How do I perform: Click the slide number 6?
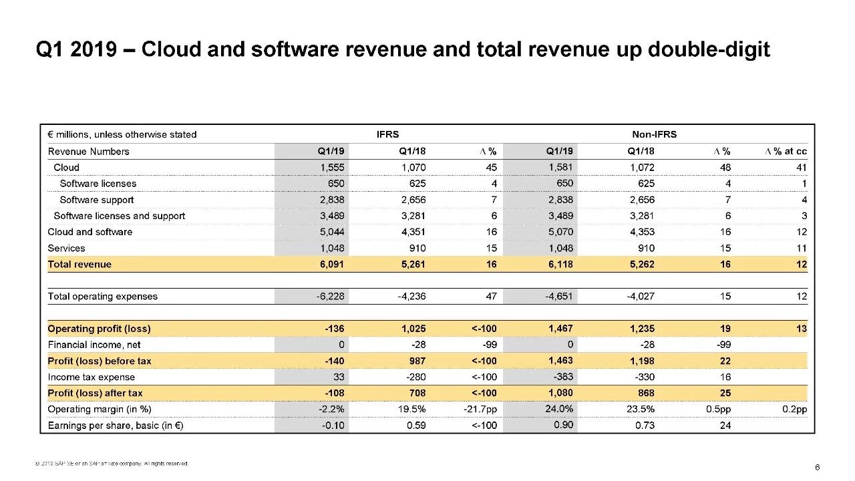(x=817, y=466)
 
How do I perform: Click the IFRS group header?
(x=388, y=134)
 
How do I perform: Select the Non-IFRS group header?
(x=654, y=134)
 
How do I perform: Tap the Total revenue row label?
(x=79, y=264)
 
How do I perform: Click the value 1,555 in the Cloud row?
(x=331, y=167)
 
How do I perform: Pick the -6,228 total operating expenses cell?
(x=330, y=296)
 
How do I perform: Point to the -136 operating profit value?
(x=334, y=329)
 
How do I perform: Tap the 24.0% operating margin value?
(x=558, y=408)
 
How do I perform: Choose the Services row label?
(x=66, y=248)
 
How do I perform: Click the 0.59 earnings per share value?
(x=416, y=425)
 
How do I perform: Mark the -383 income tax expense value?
(x=561, y=376)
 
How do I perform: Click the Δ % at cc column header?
(x=786, y=151)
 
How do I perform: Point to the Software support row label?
(x=96, y=200)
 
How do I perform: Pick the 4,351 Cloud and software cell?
(x=412, y=232)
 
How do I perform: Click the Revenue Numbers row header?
(x=88, y=151)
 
